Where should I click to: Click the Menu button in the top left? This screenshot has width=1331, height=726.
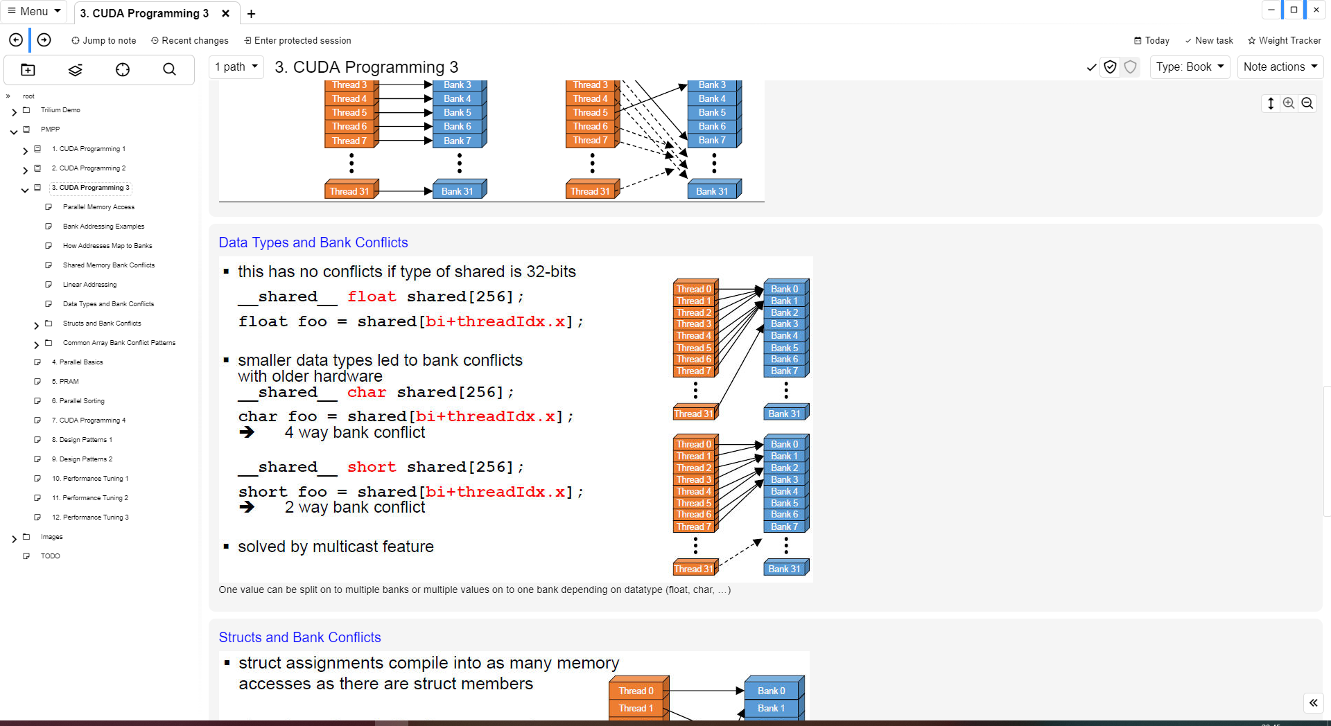click(33, 11)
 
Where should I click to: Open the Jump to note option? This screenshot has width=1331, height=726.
click(103, 40)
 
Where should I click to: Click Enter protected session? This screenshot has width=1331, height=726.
click(297, 40)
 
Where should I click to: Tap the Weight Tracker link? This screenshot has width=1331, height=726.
click(1284, 40)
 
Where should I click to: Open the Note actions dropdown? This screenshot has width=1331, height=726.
click(1280, 67)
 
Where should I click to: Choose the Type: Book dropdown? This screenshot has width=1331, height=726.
click(1190, 67)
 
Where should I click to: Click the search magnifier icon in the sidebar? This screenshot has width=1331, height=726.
click(169, 69)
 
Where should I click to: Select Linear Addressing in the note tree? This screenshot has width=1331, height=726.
click(89, 285)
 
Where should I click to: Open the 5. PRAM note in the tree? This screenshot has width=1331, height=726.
click(69, 382)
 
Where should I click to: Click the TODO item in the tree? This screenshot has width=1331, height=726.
click(50, 556)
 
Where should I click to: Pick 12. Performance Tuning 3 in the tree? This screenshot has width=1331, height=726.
click(90, 517)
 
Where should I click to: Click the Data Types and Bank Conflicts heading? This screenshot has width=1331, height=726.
click(313, 242)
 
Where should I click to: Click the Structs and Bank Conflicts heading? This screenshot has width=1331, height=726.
click(299, 637)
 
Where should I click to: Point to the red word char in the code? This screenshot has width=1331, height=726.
click(366, 392)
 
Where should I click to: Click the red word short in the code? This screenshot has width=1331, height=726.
click(372, 467)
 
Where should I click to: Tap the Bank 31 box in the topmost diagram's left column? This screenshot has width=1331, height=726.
click(458, 191)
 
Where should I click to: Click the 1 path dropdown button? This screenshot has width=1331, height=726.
click(236, 67)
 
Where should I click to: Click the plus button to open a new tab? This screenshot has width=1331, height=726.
click(251, 13)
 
